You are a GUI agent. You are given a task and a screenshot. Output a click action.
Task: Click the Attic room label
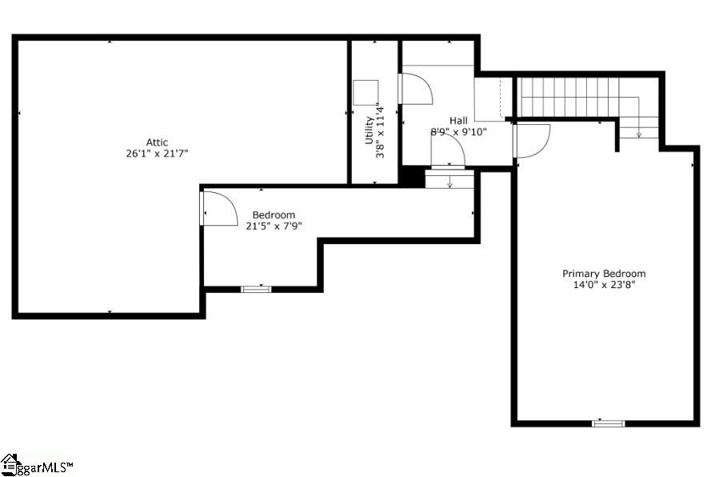point(157,142)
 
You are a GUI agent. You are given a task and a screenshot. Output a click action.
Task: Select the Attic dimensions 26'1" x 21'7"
point(157,153)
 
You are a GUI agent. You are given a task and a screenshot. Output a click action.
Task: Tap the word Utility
point(369,130)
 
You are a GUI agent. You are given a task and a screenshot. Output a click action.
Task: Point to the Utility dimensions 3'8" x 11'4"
point(381,132)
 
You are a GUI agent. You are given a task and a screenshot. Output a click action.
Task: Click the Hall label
point(458,121)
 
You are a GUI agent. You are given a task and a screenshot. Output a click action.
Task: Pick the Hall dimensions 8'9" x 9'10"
point(458,132)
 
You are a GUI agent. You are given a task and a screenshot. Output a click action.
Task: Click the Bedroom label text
point(274,214)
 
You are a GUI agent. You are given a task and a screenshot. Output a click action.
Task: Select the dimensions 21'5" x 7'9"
point(274,226)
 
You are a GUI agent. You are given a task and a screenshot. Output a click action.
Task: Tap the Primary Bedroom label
point(604,274)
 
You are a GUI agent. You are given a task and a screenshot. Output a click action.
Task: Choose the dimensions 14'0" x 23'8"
point(604,284)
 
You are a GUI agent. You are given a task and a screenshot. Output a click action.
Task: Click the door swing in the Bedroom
point(220,209)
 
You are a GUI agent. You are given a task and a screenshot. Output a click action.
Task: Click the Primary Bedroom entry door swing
point(532,140)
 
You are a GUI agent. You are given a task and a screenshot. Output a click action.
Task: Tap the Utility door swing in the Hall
point(416,88)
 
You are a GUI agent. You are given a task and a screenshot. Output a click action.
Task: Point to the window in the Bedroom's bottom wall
point(256,289)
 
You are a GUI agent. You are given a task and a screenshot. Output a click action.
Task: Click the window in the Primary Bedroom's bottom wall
point(608,423)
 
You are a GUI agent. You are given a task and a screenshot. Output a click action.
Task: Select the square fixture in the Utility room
point(366,92)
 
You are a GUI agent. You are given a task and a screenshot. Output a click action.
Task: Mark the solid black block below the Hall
point(411,176)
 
